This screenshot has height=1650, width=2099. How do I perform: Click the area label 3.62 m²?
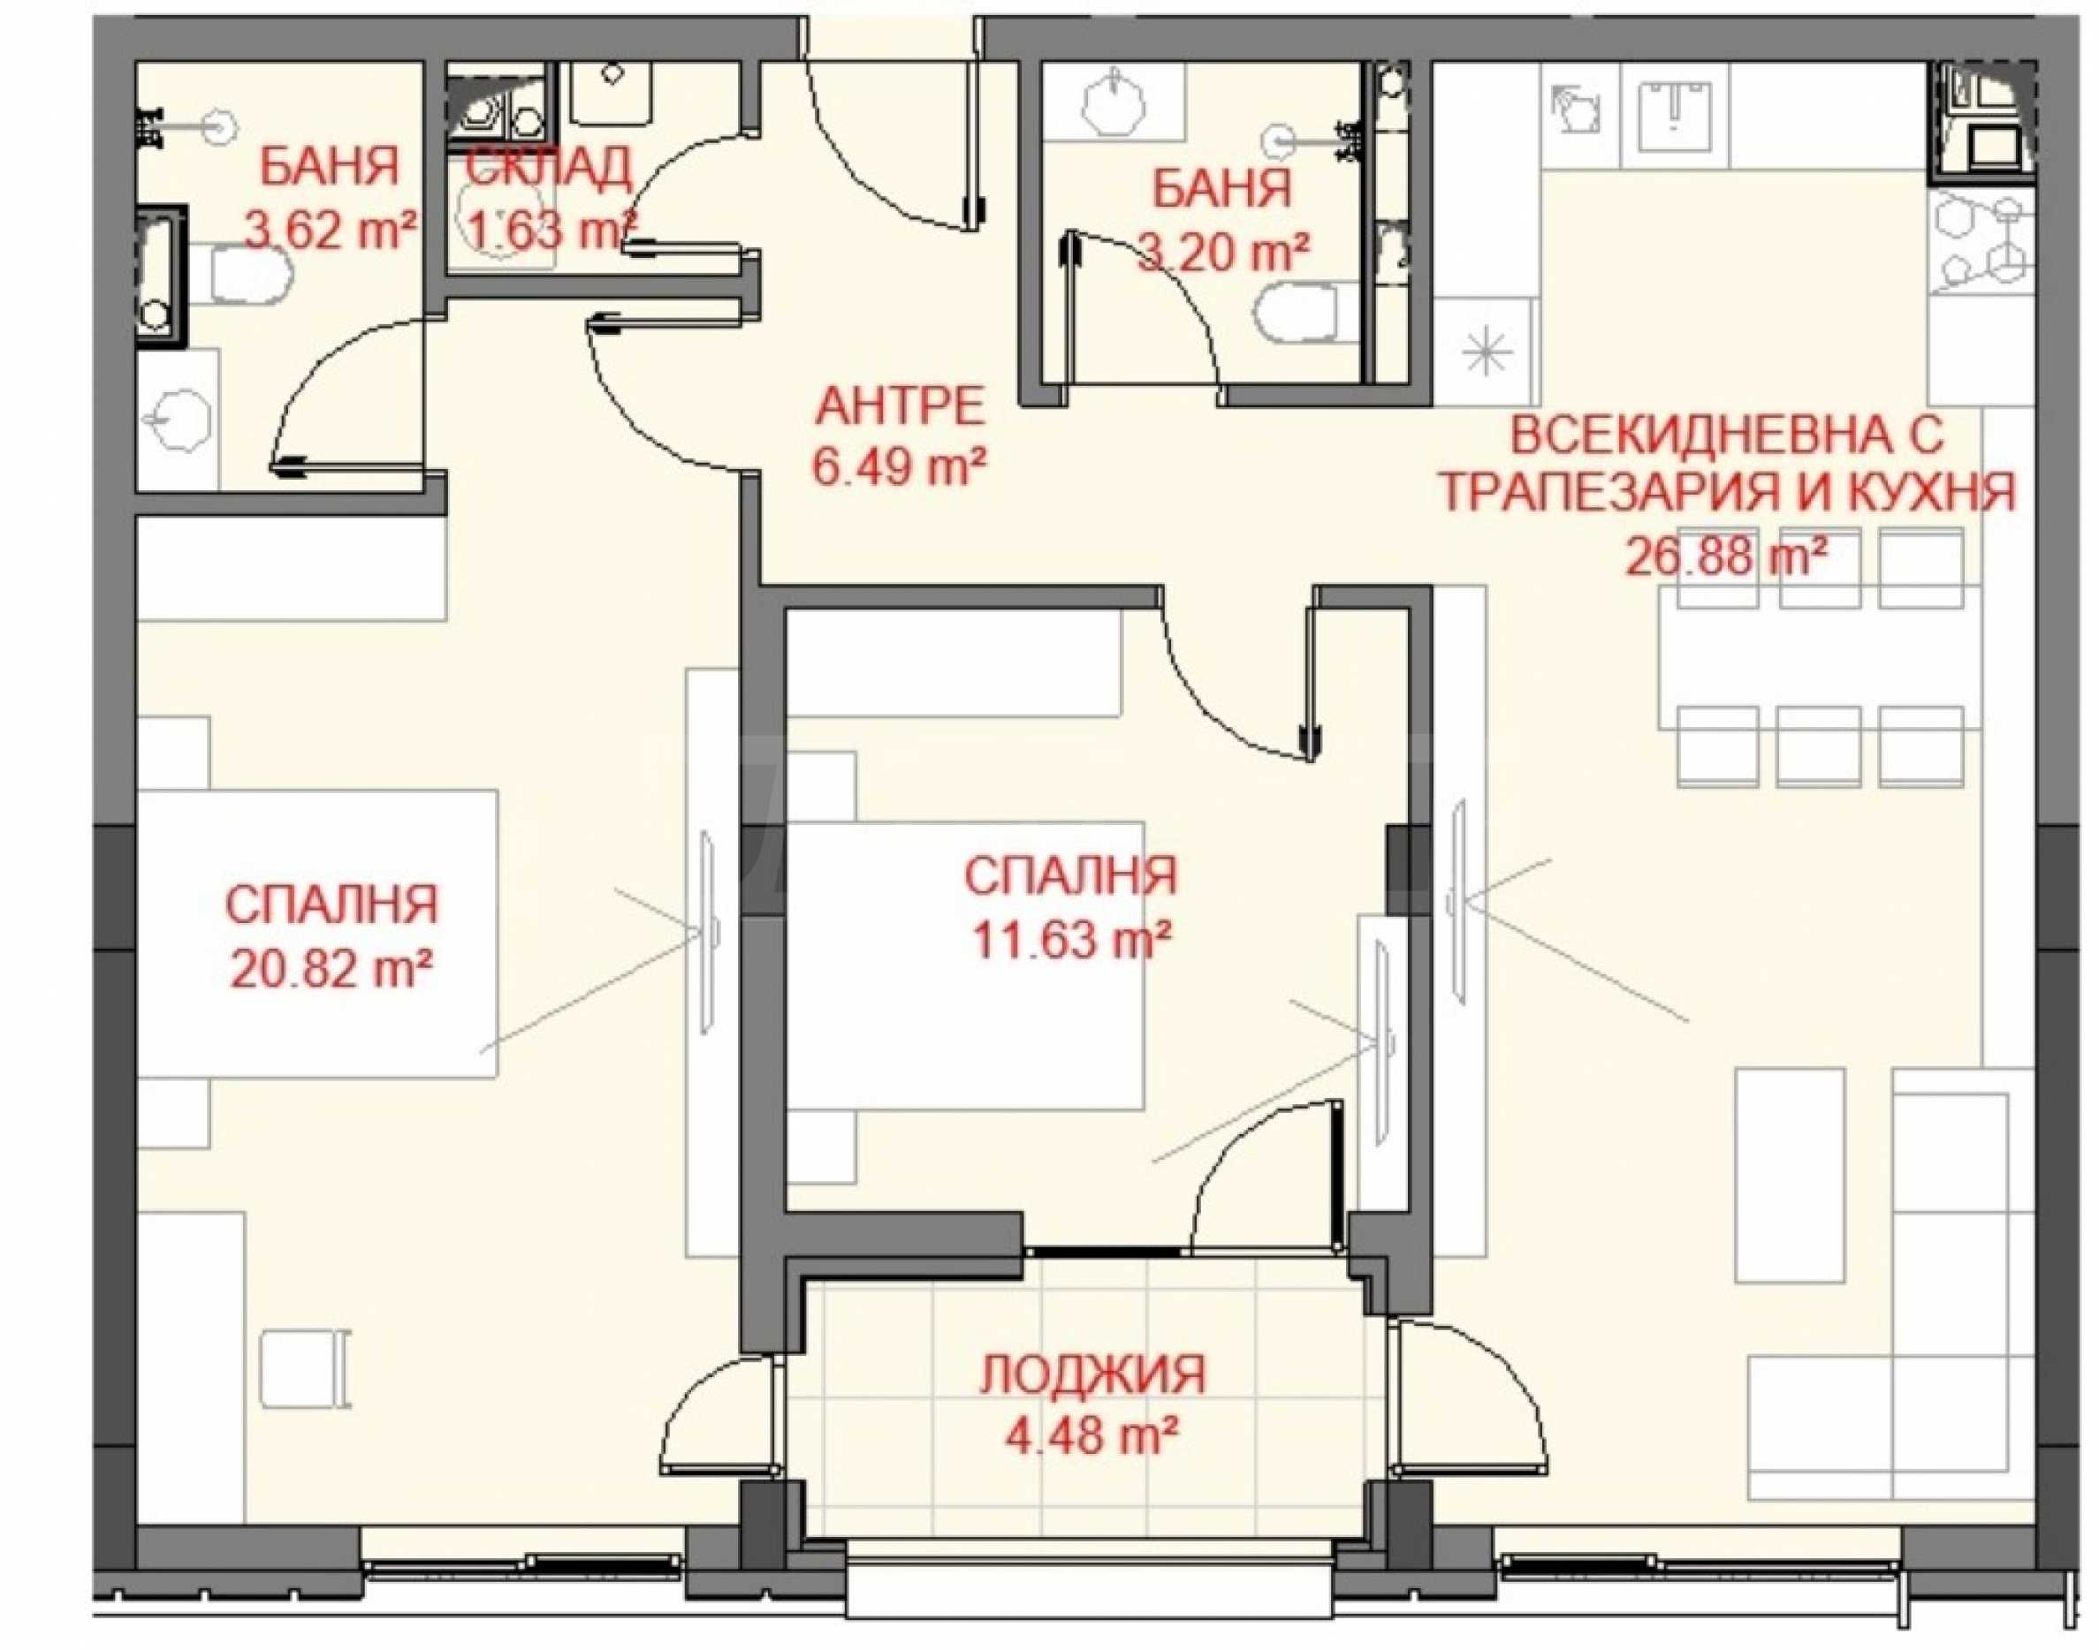(x=331, y=231)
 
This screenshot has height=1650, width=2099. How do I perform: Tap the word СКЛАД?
(x=549, y=168)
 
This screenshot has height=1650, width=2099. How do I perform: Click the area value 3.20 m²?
(x=1222, y=254)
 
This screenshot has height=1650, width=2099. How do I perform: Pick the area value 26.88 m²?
(x=1727, y=556)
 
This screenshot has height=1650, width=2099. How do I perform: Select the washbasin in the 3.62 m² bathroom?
(x=179, y=420)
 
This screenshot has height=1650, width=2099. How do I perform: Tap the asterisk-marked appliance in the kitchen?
(x=1486, y=352)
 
